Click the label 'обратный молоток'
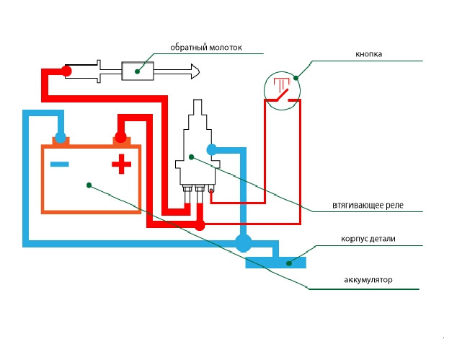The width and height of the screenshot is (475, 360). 205,48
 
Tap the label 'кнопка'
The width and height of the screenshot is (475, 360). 368,54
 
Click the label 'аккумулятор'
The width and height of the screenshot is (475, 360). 368,279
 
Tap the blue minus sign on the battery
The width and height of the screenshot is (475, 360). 60,164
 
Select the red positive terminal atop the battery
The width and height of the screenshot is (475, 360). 120,137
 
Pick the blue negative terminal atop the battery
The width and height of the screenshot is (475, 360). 61,137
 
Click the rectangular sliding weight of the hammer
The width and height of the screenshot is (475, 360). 137,71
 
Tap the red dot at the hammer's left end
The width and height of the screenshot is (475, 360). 66,71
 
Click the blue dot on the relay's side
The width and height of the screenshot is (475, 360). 212,150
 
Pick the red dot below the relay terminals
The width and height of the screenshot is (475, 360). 200,226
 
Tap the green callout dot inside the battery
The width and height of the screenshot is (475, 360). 89,185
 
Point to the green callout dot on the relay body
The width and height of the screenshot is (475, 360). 191,156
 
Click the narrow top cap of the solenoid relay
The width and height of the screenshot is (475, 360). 198,108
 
